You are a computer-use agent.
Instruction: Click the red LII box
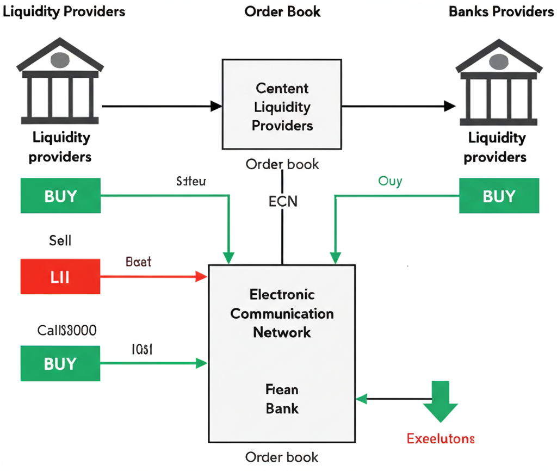click(x=60, y=277)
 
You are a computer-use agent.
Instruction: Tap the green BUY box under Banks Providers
click(x=499, y=196)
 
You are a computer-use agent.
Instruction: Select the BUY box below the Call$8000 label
click(x=60, y=363)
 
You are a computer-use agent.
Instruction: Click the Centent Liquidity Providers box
click(x=282, y=104)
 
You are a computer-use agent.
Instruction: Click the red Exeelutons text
click(x=441, y=438)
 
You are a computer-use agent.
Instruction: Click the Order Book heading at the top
click(x=282, y=11)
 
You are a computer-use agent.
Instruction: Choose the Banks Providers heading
click(x=501, y=11)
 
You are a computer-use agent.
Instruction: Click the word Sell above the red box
click(x=60, y=239)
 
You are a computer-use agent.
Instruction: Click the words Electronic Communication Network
click(x=282, y=313)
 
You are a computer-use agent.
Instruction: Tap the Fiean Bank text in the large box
click(x=282, y=398)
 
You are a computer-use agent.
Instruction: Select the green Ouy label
click(x=390, y=181)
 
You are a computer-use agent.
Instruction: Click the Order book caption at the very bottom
click(x=282, y=457)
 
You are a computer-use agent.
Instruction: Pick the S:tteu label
click(x=191, y=181)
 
